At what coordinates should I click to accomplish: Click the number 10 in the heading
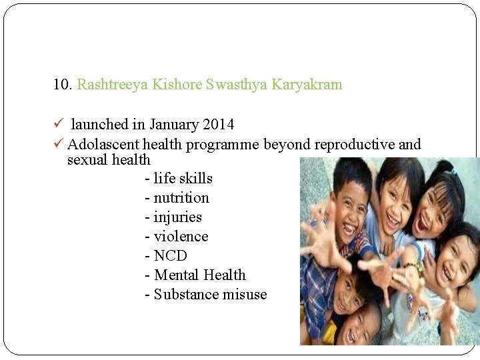(x=62, y=85)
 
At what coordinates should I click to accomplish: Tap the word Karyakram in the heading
(x=307, y=85)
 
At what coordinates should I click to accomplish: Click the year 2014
(x=219, y=125)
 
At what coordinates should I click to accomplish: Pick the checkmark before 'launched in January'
(x=58, y=124)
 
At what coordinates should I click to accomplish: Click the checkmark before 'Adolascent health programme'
(x=58, y=144)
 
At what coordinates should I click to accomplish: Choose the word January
(x=174, y=125)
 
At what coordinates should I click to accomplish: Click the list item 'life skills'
(x=179, y=178)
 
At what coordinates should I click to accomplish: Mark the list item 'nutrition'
(x=177, y=198)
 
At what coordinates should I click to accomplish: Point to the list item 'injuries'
(x=173, y=217)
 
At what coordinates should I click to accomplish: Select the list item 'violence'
(x=177, y=237)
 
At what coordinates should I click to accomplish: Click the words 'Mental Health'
(x=195, y=275)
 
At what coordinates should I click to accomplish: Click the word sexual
(x=88, y=160)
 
